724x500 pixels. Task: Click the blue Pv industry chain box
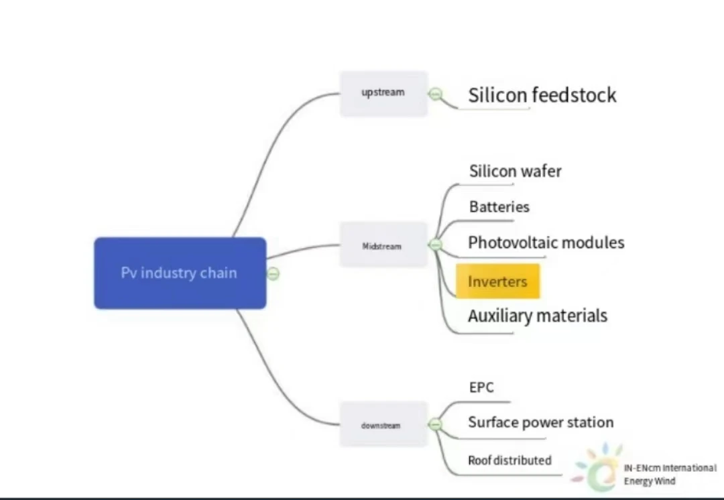pyautogui.click(x=180, y=273)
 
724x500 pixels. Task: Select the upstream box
pyautogui.click(x=383, y=94)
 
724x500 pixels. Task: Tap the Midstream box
pyautogui.click(x=383, y=245)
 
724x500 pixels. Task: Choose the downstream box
pyautogui.click(x=383, y=424)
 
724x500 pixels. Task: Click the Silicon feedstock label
pyautogui.click(x=542, y=95)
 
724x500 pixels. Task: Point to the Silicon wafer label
pyautogui.click(x=516, y=172)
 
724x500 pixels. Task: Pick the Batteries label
pyautogui.click(x=499, y=207)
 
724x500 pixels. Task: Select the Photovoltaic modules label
pyautogui.click(x=546, y=243)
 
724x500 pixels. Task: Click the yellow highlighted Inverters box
pyautogui.click(x=497, y=281)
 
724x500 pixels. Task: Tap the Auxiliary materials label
pyautogui.click(x=538, y=316)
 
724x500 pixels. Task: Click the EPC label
pyautogui.click(x=481, y=387)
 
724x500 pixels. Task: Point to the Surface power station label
pyautogui.click(x=541, y=422)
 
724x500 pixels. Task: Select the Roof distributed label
pyautogui.click(x=509, y=460)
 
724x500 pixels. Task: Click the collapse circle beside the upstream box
pyautogui.click(x=435, y=95)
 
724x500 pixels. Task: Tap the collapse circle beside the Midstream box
pyautogui.click(x=435, y=245)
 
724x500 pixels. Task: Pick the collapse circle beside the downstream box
pyautogui.click(x=435, y=424)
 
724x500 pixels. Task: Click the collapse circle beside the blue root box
pyautogui.click(x=274, y=273)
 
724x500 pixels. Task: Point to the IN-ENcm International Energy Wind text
pyautogui.click(x=670, y=475)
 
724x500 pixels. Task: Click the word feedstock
pyautogui.click(x=575, y=95)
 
